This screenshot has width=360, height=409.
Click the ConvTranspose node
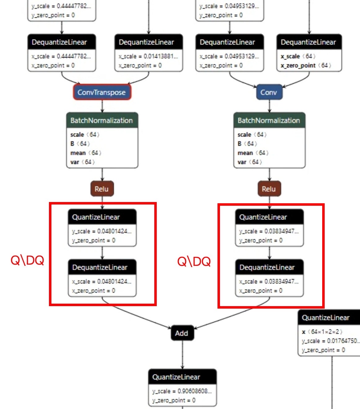click(102, 92)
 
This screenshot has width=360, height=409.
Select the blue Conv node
click(269, 92)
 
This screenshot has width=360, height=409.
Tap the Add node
click(182, 333)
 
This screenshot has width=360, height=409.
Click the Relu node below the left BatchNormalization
click(102, 189)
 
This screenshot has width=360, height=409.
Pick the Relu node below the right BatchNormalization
click(269, 189)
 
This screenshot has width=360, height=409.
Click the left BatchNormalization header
click(102, 121)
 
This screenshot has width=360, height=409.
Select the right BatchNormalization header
click(269, 121)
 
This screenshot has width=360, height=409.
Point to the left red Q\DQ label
click(27, 261)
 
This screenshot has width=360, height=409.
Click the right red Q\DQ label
click(194, 262)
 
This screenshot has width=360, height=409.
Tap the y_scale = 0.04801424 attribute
click(102, 231)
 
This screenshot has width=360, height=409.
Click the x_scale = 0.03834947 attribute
click(269, 281)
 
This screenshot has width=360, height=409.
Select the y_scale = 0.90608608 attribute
click(182, 391)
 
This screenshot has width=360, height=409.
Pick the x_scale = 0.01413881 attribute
click(148, 56)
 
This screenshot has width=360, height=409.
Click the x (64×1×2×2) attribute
click(322, 332)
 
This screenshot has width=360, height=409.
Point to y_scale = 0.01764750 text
click(330, 341)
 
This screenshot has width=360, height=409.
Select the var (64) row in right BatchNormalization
click(250, 162)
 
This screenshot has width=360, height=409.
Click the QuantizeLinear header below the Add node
click(182, 377)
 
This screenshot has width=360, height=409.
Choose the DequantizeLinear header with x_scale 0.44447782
click(62, 42)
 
